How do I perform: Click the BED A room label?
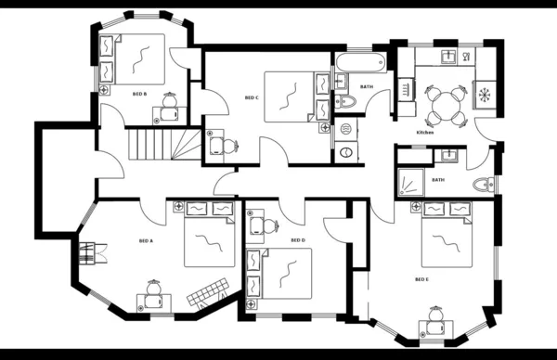click(146, 240)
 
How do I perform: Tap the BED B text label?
click(138, 94)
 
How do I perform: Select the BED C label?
click(251, 97)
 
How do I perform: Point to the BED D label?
click(297, 240)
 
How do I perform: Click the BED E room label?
click(421, 278)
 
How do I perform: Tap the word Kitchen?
click(425, 133)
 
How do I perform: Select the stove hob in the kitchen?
click(486, 93)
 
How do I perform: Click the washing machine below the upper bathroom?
click(345, 153)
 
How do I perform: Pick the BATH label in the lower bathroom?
click(437, 180)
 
